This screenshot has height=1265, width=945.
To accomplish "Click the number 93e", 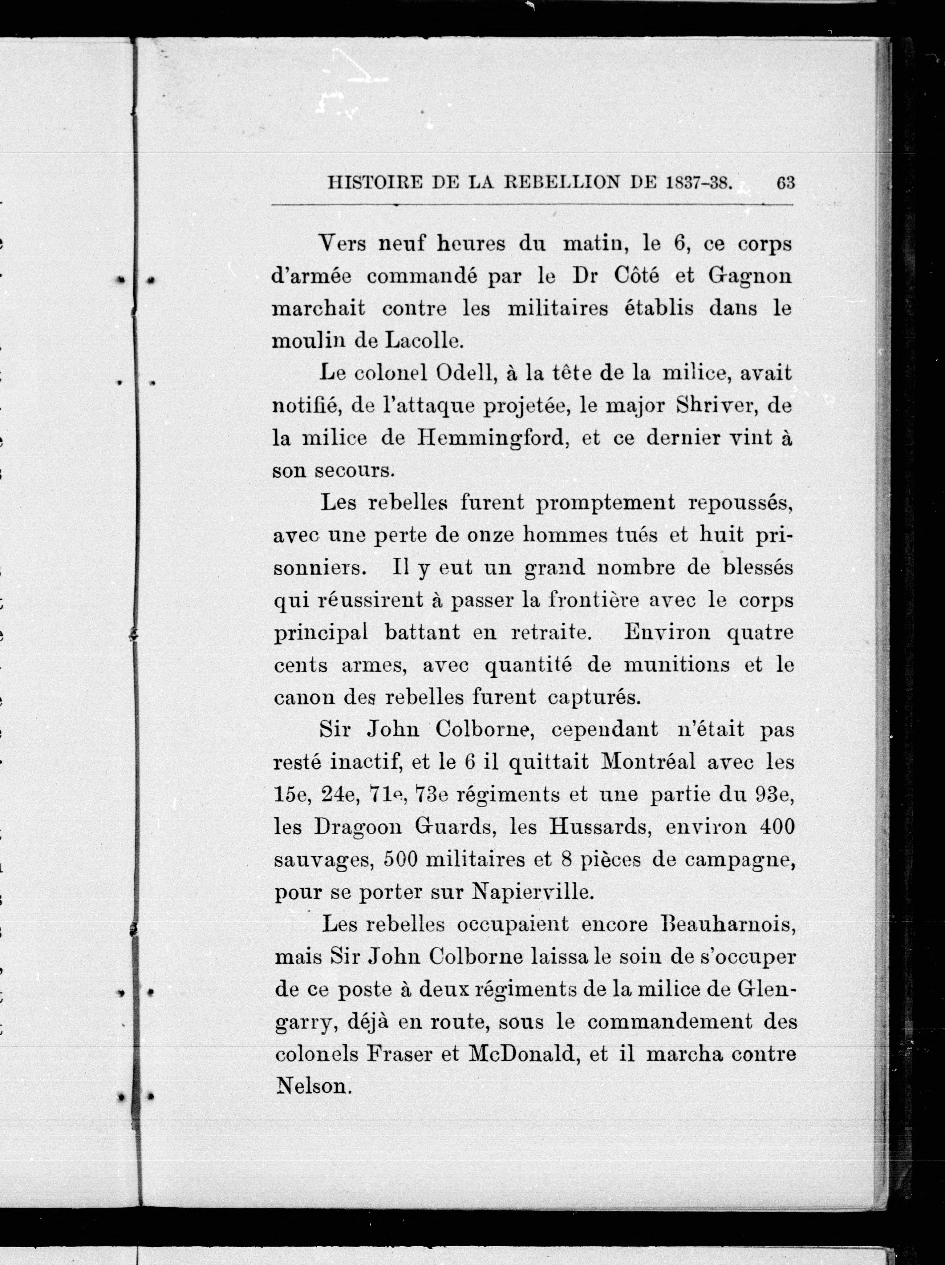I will point(774,794).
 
